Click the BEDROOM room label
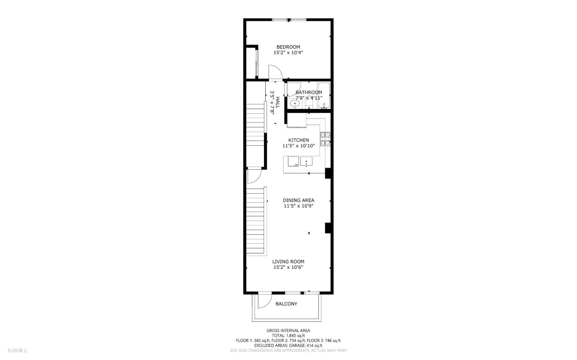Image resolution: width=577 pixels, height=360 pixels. pyautogui.click(x=288, y=47)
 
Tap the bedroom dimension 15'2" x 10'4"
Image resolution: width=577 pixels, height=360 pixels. pyautogui.click(x=288, y=52)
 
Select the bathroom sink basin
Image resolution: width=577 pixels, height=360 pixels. pyautogui.click(x=295, y=104)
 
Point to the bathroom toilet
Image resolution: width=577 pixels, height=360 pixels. pyautogui.click(x=309, y=103)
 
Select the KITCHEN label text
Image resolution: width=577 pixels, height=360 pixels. pyautogui.click(x=299, y=140)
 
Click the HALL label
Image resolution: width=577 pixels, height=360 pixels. pyautogui.click(x=277, y=102)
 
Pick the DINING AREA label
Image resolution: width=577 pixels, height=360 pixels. pyautogui.click(x=299, y=200)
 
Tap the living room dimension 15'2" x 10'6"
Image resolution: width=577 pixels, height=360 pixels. pyautogui.click(x=288, y=267)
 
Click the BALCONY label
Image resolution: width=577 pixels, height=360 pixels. pyautogui.click(x=286, y=304)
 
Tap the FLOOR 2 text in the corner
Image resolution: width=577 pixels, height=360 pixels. pyautogui.click(x=17, y=350)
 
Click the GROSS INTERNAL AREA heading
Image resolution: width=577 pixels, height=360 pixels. pyautogui.click(x=288, y=330)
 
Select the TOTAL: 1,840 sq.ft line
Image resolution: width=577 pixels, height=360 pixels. pyautogui.click(x=288, y=336)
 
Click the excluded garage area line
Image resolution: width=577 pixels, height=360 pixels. pyautogui.click(x=288, y=345)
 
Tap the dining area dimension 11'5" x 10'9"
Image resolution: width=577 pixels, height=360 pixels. pyautogui.click(x=299, y=206)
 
